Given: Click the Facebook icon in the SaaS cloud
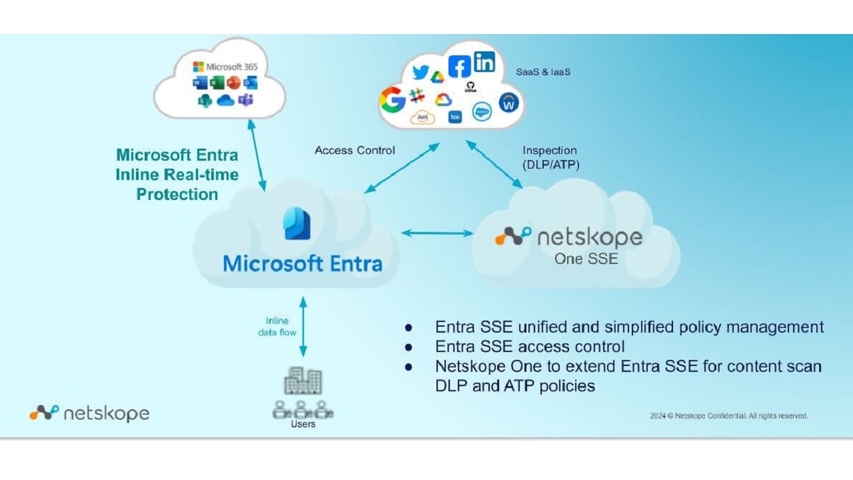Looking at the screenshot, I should (459, 66).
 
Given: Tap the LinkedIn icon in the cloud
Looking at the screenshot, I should (484, 62).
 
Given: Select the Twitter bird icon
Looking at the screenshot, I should (421, 72).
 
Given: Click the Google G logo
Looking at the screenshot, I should (393, 100).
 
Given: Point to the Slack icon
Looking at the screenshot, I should (418, 96).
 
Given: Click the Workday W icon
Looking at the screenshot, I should (509, 103).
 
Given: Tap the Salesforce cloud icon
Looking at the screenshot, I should (482, 112).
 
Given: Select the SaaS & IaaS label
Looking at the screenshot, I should (543, 72).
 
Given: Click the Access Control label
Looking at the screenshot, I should (355, 151).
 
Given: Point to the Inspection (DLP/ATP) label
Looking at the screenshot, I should (550, 157).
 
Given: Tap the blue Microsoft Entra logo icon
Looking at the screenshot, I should (297, 223).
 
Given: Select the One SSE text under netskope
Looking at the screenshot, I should (586, 259).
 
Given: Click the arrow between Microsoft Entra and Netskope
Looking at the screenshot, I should (437, 233).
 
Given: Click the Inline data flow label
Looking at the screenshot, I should (277, 326).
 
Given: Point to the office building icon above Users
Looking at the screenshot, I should (303, 381).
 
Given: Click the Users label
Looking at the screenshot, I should (303, 424).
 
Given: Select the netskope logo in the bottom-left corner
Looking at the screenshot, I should (89, 413).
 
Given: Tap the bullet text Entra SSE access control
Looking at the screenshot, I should (530, 347).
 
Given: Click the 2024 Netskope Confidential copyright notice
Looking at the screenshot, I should (729, 416).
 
